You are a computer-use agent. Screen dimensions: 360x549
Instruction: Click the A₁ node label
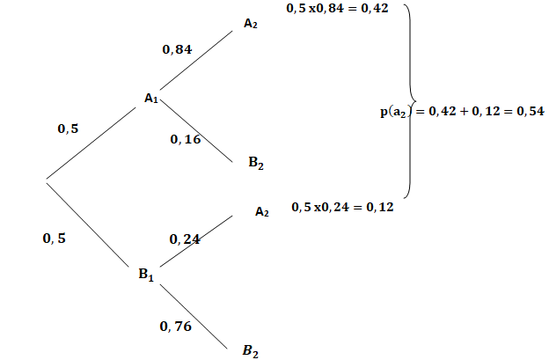(x=150, y=98)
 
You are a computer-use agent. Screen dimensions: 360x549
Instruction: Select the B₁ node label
(x=146, y=275)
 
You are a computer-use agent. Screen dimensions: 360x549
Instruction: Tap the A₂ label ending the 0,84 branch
(x=251, y=24)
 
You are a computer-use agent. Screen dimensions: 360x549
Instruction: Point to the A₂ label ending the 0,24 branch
(x=261, y=211)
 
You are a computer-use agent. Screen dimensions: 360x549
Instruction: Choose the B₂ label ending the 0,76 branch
(x=251, y=350)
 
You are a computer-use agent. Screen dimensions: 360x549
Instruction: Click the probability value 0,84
(x=178, y=50)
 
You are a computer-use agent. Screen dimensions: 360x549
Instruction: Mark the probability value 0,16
(x=186, y=140)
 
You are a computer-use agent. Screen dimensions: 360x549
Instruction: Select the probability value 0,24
(x=185, y=239)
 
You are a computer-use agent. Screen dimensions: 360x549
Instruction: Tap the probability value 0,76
(x=176, y=326)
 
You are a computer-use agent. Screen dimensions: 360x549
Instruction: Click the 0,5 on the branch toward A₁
(x=68, y=129)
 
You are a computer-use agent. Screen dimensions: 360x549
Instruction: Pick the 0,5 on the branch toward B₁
(x=54, y=238)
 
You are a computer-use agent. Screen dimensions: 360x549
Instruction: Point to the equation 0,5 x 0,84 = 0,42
(x=337, y=8)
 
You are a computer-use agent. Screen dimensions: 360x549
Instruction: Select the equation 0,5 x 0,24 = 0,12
(x=343, y=208)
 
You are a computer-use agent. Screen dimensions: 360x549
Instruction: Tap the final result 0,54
(x=531, y=113)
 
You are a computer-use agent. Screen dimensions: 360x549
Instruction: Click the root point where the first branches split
(x=46, y=180)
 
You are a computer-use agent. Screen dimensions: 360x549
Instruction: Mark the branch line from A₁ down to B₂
(x=199, y=131)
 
